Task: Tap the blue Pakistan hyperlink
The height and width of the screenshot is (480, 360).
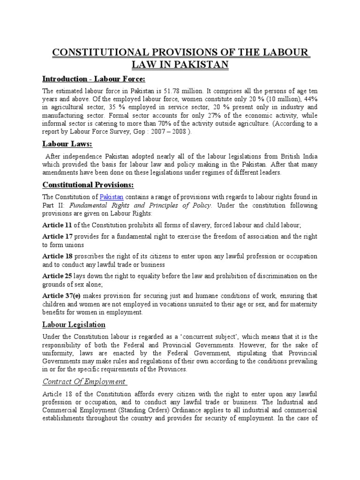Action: [x=110, y=197]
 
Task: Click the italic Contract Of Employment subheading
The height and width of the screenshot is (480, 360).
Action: [x=84, y=381]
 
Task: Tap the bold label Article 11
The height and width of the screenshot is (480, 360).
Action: [x=57, y=225]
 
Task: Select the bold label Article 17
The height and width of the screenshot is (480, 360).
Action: [x=57, y=237]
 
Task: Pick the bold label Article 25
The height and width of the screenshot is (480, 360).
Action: [x=57, y=276]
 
